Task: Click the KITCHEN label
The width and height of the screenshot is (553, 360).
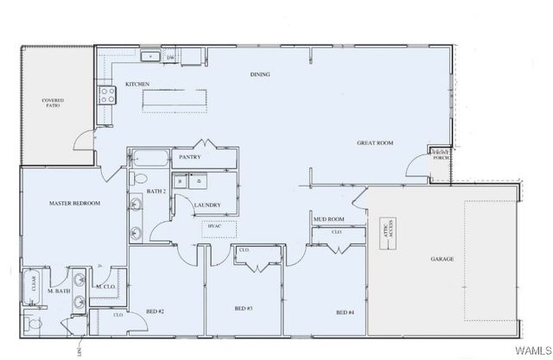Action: pos(137,84)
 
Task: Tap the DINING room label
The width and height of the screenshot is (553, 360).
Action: pos(259,74)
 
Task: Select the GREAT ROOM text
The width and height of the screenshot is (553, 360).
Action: pos(375,142)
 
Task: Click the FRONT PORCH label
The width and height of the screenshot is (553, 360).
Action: pos(440,155)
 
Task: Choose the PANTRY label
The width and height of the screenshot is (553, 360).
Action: pos(189,158)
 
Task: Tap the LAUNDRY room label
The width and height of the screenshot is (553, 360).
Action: pos(207,205)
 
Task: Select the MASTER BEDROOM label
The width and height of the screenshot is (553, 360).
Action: pos(74,203)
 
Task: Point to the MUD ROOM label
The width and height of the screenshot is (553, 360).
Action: pos(328,219)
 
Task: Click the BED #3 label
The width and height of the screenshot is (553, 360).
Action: pos(243,308)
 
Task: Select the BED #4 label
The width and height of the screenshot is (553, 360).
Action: pos(345,311)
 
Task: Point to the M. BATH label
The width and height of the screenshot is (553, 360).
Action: pos(59,290)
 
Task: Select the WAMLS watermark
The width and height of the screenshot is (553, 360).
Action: pos(531,351)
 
